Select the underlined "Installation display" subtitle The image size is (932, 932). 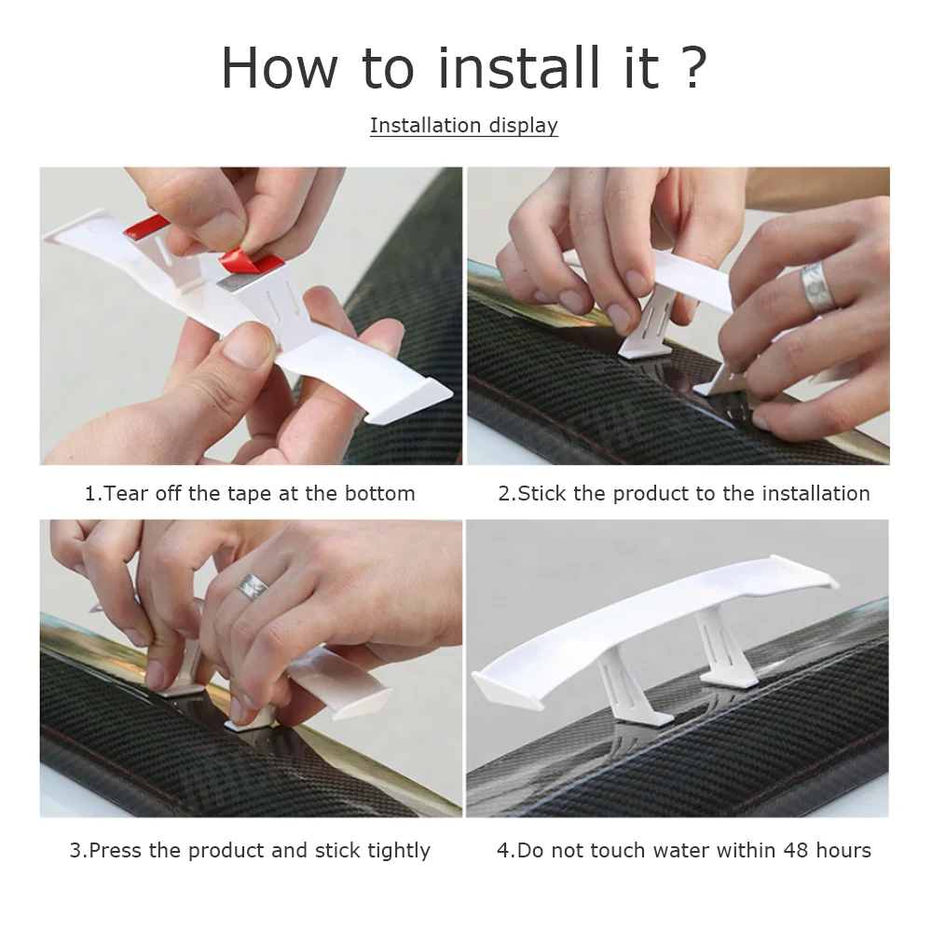[463, 126]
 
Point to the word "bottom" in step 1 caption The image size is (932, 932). [380, 493]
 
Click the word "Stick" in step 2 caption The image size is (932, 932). [541, 493]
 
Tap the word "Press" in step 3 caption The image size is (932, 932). [116, 850]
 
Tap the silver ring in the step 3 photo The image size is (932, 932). [252, 585]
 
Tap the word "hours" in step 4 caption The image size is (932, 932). [843, 850]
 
